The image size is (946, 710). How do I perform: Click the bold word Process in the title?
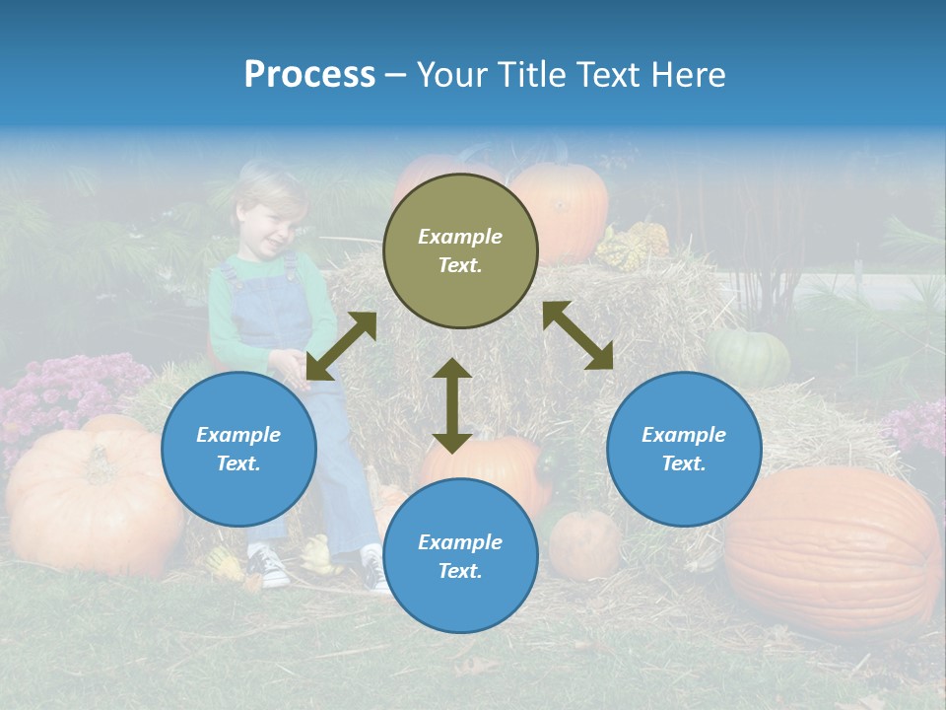pyautogui.click(x=309, y=75)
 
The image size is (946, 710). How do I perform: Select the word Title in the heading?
pyautogui.click(x=532, y=75)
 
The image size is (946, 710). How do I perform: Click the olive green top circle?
pyautogui.click(x=460, y=250)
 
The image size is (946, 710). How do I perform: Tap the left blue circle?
pyautogui.click(x=238, y=449)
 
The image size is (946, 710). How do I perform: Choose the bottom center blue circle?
pyautogui.click(x=460, y=556)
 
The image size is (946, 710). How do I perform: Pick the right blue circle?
pyautogui.click(x=683, y=449)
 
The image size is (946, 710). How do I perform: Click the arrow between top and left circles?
pyautogui.click(x=341, y=346)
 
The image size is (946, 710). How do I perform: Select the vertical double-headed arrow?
pyautogui.click(x=452, y=405)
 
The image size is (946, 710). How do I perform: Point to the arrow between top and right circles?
pyautogui.click(x=577, y=335)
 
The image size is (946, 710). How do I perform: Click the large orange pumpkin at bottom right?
pyautogui.click(x=833, y=552)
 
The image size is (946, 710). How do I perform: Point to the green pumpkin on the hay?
pyautogui.click(x=749, y=356)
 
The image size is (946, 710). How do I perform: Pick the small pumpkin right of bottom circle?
pyautogui.click(x=583, y=544)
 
